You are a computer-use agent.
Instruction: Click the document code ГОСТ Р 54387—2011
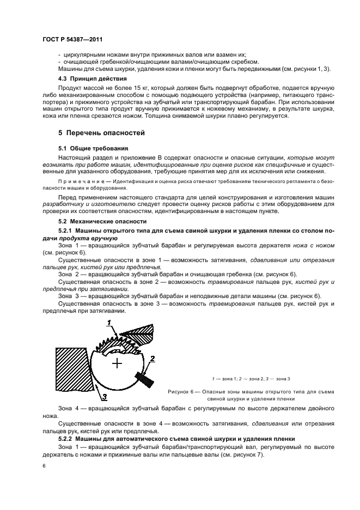click(x=72, y=40)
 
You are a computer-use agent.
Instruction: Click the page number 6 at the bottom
click(x=44, y=466)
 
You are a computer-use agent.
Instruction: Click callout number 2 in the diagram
click(x=153, y=358)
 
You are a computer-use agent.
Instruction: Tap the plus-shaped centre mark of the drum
click(x=117, y=362)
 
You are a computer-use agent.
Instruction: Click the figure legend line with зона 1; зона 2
click(x=251, y=378)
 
